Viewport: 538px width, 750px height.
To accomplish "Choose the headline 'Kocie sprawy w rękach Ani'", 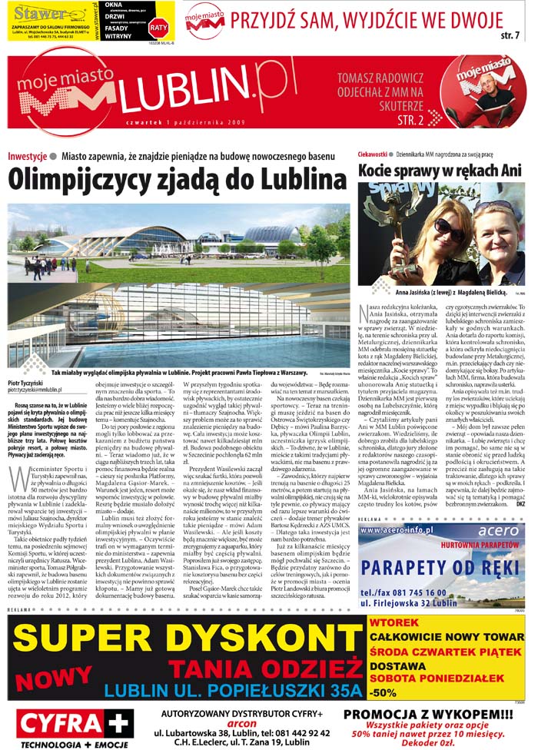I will [x=441, y=170].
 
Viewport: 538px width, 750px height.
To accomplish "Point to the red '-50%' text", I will [x=382, y=692].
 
